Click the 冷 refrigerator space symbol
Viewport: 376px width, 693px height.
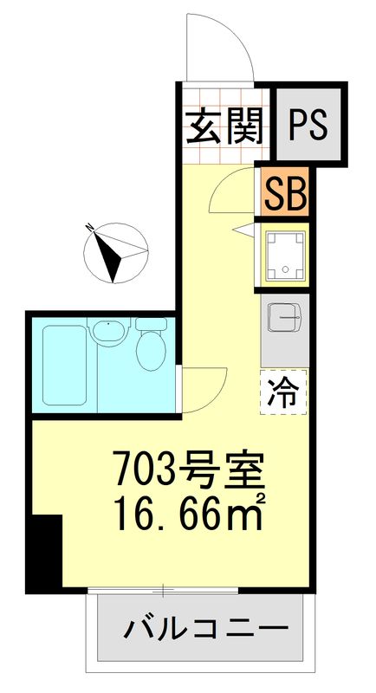(x=282, y=392)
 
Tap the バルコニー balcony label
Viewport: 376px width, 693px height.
(x=206, y=629)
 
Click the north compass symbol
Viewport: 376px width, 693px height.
(x=115, y=253)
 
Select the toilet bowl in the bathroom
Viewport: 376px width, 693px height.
(x=151, y=345)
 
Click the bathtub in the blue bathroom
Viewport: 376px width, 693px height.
(x=64, y=365)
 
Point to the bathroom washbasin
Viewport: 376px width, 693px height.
(x=108, y=331)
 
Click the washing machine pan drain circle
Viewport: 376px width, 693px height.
(x=285, y=269)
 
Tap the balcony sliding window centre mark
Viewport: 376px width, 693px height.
(x=163, y=589)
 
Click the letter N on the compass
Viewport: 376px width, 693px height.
(x=90, y=228)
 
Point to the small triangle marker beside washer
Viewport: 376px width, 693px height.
(x=244, y=230)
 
